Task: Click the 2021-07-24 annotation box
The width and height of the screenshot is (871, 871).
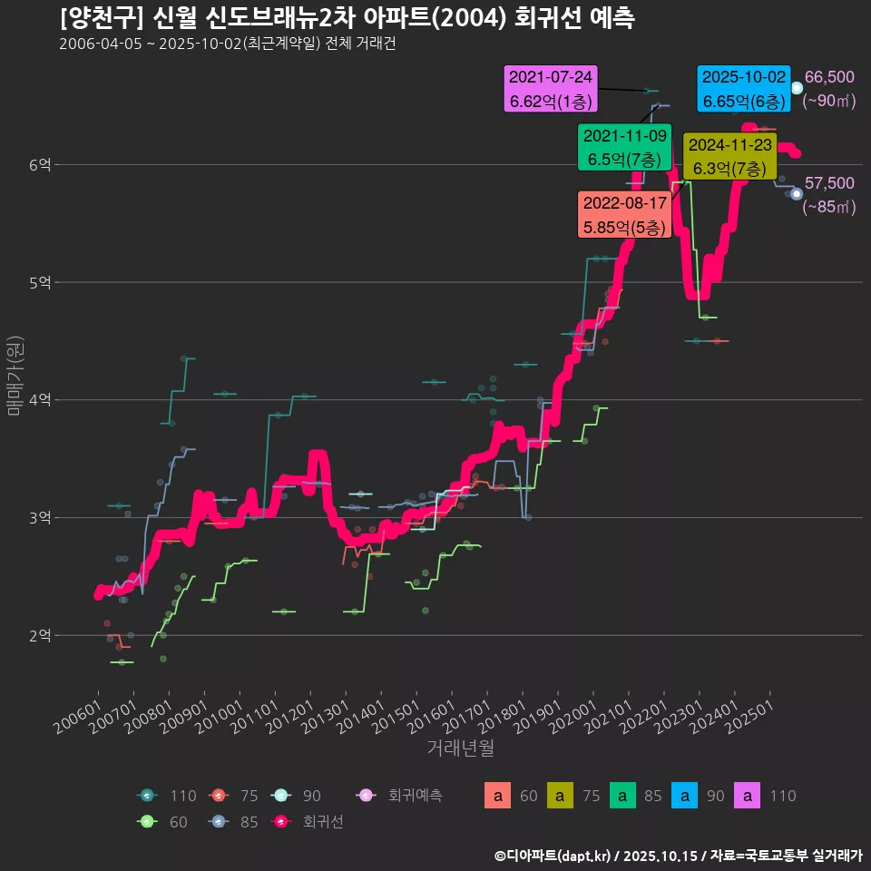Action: coord(551,89)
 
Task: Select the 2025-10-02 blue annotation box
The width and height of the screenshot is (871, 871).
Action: coord(742,89)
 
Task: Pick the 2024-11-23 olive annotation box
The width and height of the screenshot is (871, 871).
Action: coord(729,156)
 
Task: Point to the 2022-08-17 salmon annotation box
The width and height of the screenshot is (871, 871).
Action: coord(624,213)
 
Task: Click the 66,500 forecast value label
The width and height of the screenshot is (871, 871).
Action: coord(829,78)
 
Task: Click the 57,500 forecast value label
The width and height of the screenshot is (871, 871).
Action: coord(829,184)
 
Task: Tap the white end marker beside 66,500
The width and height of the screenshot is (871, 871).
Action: coord(797,88)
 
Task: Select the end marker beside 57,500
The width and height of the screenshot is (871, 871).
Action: coord(797,193)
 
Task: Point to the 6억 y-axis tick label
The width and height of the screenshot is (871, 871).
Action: coord(38,164)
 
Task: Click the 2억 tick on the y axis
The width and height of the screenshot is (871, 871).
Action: coord(38,635)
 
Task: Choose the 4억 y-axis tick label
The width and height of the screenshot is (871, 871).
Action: coord(38,400)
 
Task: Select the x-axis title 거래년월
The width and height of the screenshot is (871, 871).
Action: coord(461,749)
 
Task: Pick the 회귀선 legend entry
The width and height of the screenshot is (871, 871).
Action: coord(308,822)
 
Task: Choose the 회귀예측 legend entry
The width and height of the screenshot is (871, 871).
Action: coord(405,796)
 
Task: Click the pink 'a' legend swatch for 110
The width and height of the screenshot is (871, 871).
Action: coord(747,796)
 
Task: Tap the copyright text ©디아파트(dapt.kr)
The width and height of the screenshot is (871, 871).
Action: coord(553,855)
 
